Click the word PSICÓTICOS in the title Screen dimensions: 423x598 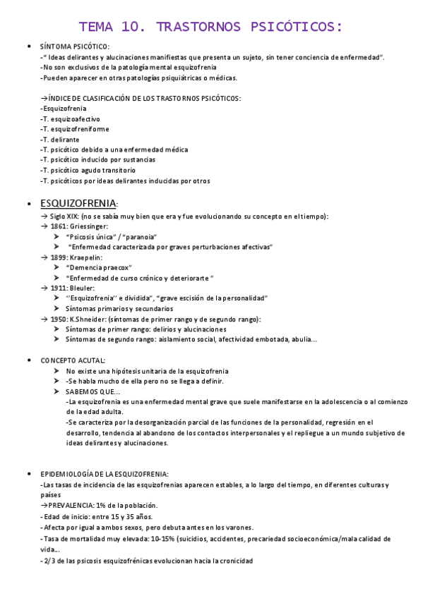[297, 28]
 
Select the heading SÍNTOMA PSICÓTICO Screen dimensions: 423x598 [75, 47]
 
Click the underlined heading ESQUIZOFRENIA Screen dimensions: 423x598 [78, 204]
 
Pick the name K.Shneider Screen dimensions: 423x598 [88, 319]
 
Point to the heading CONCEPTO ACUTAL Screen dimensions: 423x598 [73, 360]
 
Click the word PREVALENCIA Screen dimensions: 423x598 [74, 506]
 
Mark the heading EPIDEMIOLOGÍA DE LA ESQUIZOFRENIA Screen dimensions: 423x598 [105, 474]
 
